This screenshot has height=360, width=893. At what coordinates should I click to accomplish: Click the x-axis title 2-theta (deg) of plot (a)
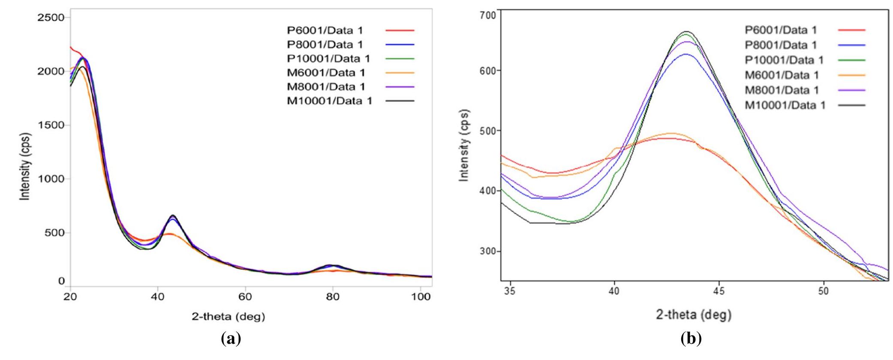click(229, 317)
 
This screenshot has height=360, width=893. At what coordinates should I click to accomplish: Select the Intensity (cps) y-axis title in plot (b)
click(464, 145)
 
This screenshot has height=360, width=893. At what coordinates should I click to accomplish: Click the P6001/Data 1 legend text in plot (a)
click(325, 30)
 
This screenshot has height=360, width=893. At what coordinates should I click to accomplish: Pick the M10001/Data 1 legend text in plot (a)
click(330, 101)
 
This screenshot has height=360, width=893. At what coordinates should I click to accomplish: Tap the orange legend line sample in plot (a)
click(400, 73)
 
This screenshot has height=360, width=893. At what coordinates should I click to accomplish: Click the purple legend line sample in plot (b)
click(851, 90)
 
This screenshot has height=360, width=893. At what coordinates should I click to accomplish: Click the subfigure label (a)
click(231, 339)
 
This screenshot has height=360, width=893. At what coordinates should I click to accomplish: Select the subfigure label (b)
click(691, 339)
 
